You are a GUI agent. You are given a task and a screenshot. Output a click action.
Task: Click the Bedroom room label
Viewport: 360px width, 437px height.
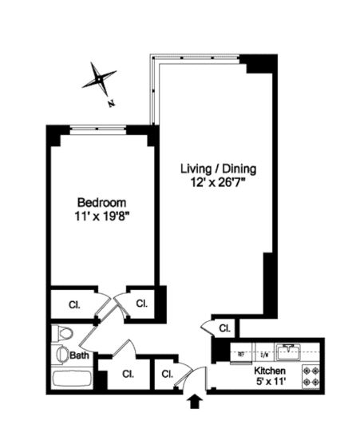(x=101, y=202)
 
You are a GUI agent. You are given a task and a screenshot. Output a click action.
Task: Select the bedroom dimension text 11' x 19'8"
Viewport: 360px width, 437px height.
(x=101, y=216)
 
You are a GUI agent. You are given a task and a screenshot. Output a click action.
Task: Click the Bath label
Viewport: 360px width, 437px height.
(x=78, y=355)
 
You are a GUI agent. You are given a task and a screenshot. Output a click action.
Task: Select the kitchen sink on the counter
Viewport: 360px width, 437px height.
(x=287, y=350)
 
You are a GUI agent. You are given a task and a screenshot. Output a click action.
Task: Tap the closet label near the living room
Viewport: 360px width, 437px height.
(x=224, y=328)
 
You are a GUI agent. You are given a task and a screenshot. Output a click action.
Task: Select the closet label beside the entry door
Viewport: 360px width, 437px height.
(x=168, y=374)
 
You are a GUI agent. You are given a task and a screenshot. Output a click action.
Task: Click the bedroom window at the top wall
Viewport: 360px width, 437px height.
(x=99, y=128)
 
